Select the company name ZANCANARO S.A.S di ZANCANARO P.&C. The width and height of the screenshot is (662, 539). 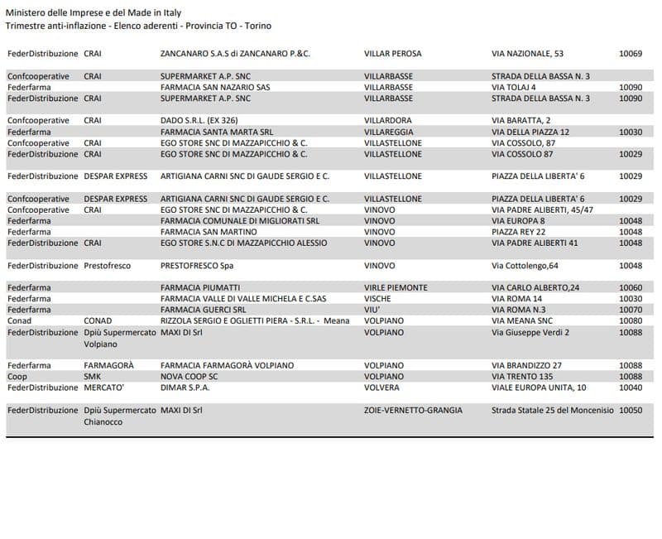point(235,54)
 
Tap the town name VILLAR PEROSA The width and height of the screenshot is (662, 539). point(392,54)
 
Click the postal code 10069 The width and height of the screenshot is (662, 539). point(631,54)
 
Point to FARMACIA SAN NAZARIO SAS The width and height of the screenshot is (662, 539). point(215,87)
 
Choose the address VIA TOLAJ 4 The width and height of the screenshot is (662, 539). point(514,87)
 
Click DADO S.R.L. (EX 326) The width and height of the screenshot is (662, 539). point(199,121)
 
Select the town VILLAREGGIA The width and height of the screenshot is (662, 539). point(389,132)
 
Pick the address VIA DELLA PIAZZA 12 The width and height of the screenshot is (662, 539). point(530,132)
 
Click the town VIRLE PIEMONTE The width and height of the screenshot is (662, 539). point(396,287)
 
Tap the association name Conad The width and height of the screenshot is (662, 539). point(20,320)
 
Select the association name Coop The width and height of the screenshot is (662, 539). point(17,376)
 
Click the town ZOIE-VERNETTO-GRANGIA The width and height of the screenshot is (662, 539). point(413,410)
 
